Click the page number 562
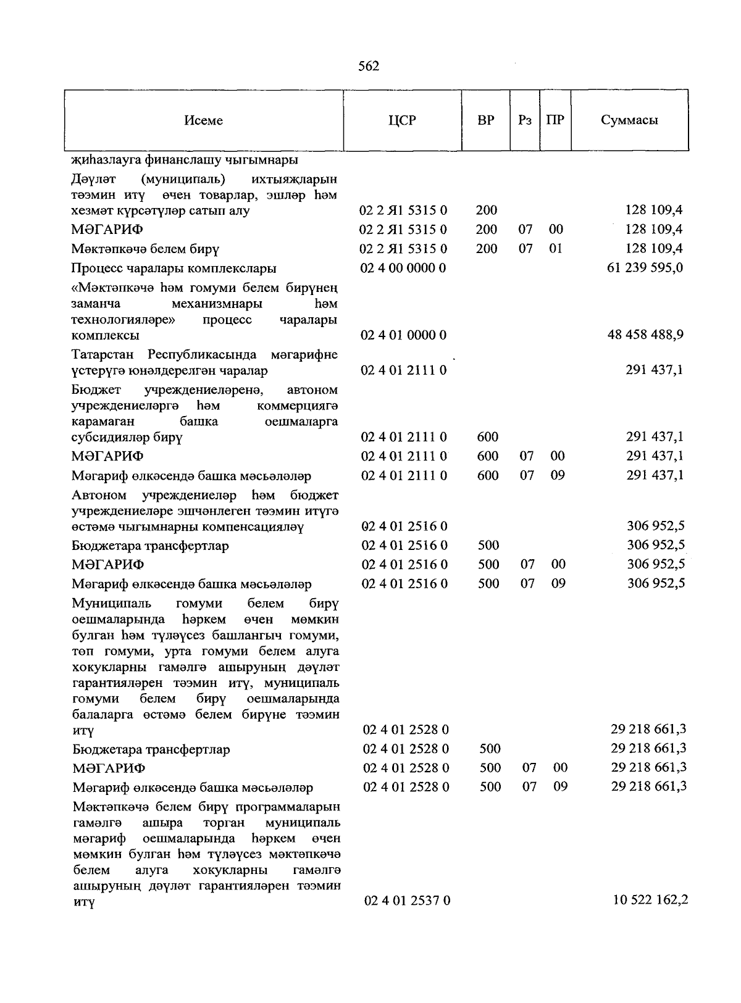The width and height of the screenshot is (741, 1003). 369,67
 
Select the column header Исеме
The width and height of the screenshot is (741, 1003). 203,120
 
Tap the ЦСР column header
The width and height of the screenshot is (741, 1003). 402,120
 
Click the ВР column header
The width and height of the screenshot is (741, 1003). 486,120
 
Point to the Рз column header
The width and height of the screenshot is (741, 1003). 525,120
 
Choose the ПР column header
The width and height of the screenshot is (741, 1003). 555,120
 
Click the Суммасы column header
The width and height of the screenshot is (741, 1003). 629,120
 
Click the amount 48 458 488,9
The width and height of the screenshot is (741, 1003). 646,335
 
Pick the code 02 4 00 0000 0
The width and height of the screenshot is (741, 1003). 403,268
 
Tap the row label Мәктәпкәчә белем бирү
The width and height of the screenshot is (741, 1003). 146,249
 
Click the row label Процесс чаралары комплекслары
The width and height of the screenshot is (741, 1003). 174,268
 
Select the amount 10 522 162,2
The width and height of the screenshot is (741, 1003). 650,900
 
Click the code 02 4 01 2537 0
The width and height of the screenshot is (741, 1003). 407,901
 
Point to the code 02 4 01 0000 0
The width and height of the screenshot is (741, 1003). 403,335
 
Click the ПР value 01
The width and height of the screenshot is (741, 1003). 556,249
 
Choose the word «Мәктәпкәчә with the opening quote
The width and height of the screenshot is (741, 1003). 109,288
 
